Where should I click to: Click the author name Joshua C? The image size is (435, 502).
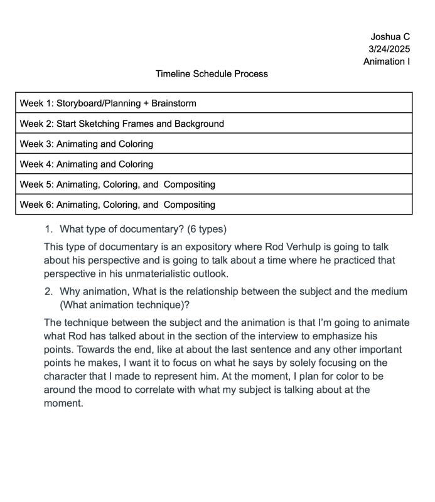(390, 36)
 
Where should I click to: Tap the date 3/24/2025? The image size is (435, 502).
(389, 49)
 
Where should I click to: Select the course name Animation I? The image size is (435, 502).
(387, 61)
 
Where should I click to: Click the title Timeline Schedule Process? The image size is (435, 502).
(212, 74)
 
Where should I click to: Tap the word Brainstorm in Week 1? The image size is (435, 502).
(174, 103)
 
